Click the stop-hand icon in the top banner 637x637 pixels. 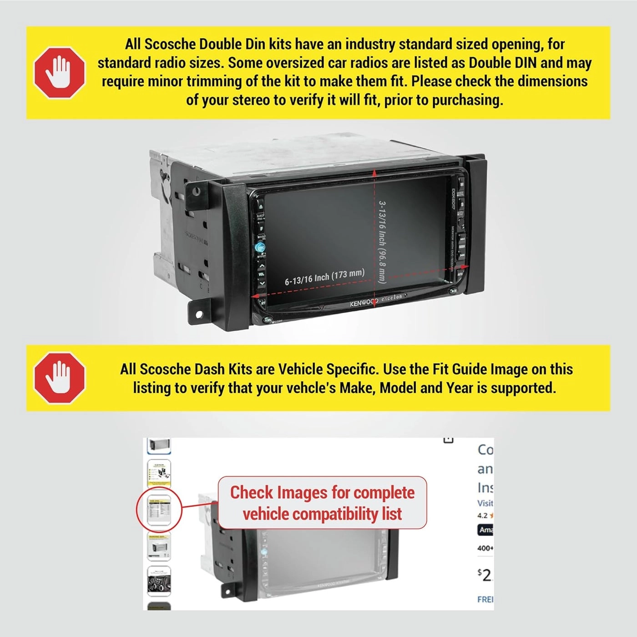(x=60, y=73)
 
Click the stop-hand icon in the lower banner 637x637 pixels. (x=60, y=378)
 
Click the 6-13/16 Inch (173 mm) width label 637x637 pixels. (x=324, y=277)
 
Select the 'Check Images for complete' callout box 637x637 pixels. (x=322, y=503)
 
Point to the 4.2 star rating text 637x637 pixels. (x=482, y=516)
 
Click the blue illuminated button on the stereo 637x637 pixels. (x=260, y=248)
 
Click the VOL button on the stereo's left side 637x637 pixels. (x=261, y=274)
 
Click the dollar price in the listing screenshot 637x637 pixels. (x=485, y=575)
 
